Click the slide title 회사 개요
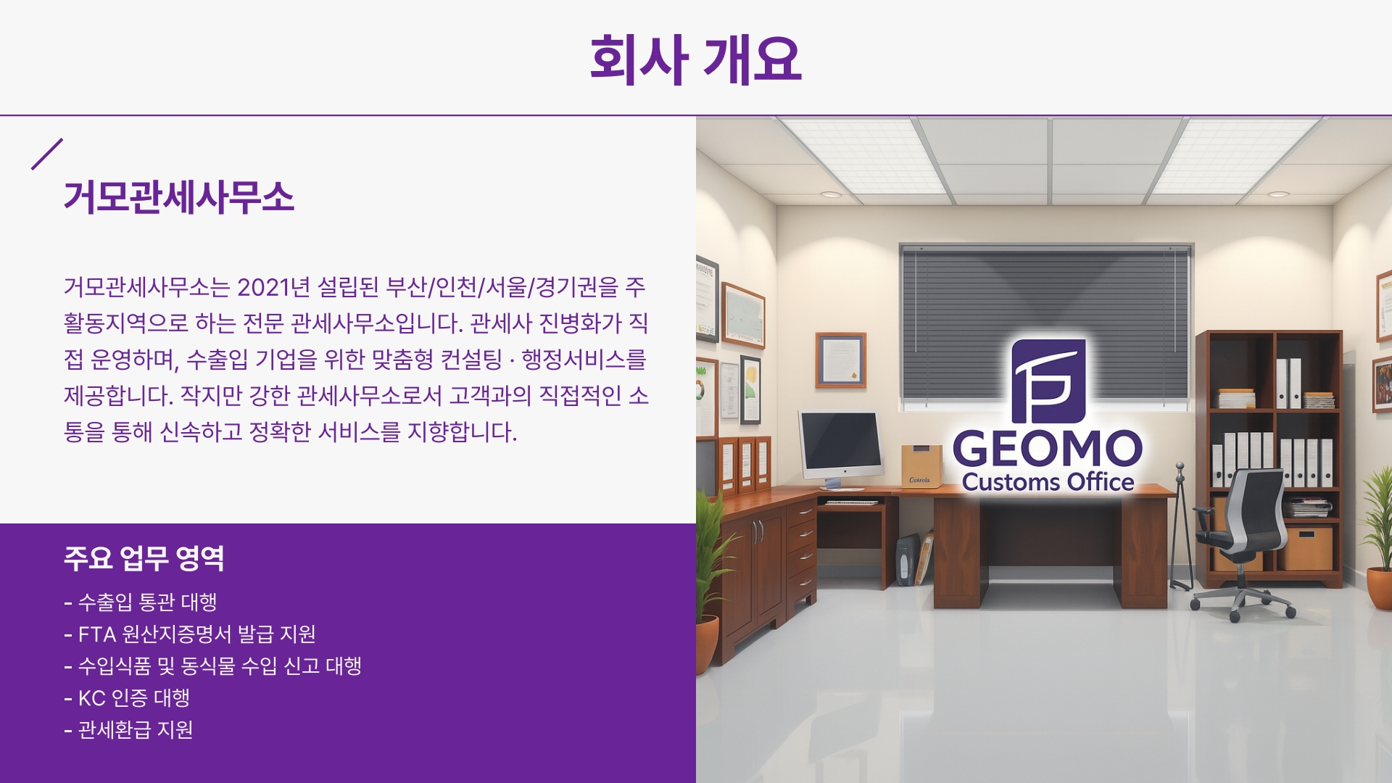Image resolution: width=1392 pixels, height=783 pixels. click(695, 59)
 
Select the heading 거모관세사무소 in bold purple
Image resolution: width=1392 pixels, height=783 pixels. click(179, 196)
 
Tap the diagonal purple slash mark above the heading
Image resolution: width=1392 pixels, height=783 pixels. click(47, 154)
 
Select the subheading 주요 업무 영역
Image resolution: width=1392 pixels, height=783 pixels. click(144, 558)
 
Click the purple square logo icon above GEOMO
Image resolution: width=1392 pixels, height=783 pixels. click(1048, 381)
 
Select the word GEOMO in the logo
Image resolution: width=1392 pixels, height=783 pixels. click(1048, 449)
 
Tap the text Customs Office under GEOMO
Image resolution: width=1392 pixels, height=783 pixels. click(1048, 482)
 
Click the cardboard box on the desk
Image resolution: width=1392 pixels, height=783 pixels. click(921, 466)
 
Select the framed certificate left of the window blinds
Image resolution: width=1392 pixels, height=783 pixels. click(841, 360)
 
